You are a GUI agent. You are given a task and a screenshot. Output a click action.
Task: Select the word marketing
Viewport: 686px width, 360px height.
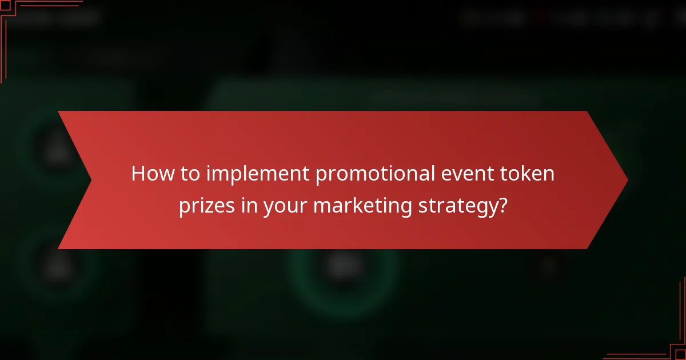point(361,207)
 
